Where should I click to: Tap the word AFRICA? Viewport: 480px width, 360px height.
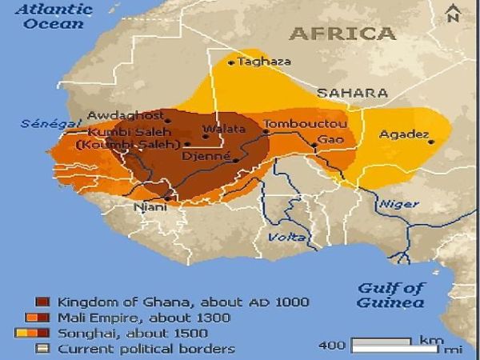coord(342,34)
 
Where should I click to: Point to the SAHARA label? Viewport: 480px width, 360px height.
coord(352,93)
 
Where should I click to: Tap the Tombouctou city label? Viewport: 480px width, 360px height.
coord(305,125)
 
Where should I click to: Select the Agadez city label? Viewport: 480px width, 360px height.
coord(405,134)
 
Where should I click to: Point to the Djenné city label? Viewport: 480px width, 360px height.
coord(206,157)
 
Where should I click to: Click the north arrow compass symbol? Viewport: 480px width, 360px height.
coord(453,14)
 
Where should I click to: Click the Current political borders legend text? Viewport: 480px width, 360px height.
coord(146,349)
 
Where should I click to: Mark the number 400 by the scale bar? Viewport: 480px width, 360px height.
coord(333,346)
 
